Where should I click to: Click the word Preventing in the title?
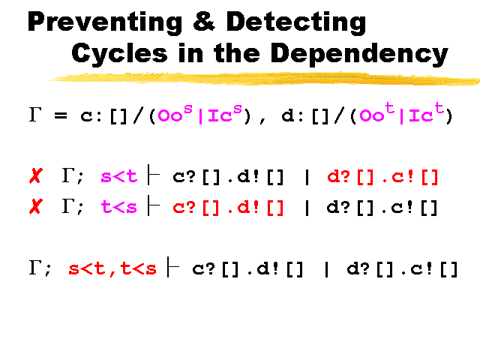pos(105,22)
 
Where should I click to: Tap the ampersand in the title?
pos(204,21)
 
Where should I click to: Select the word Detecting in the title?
pos(296,22)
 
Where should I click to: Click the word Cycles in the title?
pos(119,52)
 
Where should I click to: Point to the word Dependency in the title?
pos(359,54)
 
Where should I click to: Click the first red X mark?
pos(36,175)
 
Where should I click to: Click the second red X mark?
pos(36,206)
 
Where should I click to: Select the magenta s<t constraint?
pos(118,177)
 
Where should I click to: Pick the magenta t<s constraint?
pos(118,207)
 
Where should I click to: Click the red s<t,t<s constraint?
pos(112,268)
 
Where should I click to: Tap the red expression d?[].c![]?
pos(382,177)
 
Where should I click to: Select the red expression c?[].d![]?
pos(228,208)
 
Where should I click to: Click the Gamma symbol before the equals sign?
pos(35,115)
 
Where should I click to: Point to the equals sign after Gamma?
pos(61,115)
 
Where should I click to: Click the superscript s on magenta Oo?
pos(188,109)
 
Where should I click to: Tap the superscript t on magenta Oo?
pos(389,108)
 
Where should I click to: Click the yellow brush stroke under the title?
pos(264,79)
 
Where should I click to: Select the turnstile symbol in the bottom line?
pos(173,267)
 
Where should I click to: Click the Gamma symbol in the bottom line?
pos(35,268)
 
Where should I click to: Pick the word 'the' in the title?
pos(237,52)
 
